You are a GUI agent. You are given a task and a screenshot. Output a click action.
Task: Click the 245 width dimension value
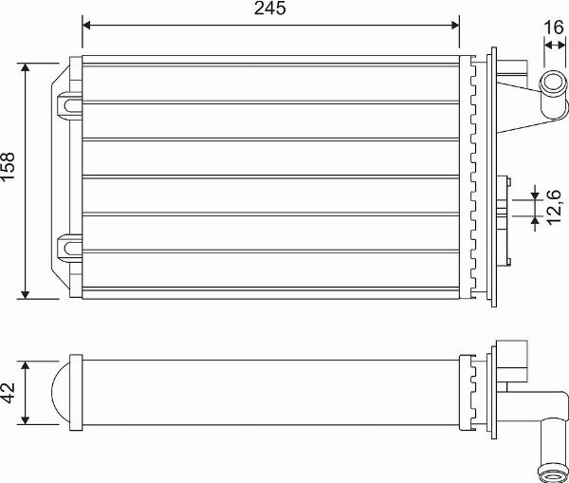(270, 9)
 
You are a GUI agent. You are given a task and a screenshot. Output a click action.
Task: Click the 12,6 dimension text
(556, 207)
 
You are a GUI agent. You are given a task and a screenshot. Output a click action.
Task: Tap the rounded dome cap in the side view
(59, 392)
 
